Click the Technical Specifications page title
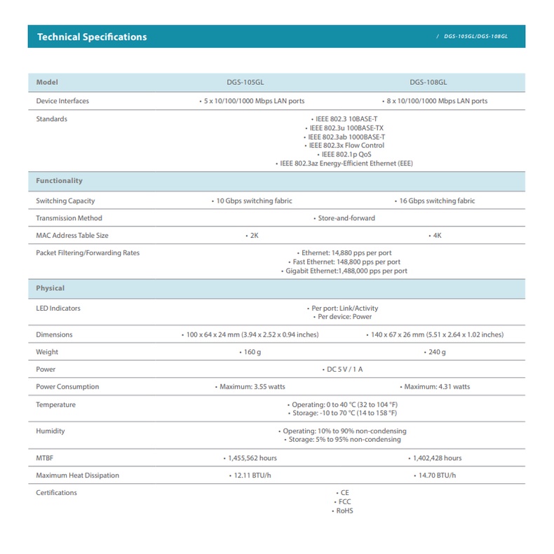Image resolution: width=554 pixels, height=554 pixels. (92, 36)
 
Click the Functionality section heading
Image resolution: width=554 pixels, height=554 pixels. (60, 181)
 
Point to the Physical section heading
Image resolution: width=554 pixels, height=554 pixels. (50, 288)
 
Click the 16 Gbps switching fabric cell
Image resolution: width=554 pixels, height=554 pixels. (435, 201)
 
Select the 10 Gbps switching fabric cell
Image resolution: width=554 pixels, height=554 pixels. (252, 201)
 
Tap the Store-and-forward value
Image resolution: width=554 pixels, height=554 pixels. (344, 218)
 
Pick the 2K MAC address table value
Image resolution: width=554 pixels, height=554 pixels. (252, 236)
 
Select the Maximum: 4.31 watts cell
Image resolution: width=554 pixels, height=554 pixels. (435, 387)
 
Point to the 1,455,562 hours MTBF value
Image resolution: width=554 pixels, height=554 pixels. (250, 458)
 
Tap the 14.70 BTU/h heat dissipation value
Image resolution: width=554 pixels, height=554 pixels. (435, 475)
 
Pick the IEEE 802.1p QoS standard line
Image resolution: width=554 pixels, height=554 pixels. (344, 154)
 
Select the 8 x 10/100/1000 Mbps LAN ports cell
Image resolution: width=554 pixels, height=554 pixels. (434, 101)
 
